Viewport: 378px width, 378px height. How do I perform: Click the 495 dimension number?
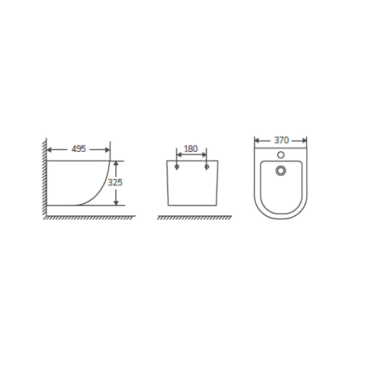[x=79, y=149]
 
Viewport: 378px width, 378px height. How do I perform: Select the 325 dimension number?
[x=115, y=183]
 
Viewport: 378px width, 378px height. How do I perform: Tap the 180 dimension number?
[x=191, y=149]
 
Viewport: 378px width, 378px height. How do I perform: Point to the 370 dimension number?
[x=282, y=140]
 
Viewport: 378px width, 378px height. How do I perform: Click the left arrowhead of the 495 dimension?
[x=49, y=150]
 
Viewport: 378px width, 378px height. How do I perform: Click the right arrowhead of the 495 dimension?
[x=108, y=150]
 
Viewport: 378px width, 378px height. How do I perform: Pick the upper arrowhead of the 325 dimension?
[x=116, y=163]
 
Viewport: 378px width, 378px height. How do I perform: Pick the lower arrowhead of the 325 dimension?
[x=116, y=202]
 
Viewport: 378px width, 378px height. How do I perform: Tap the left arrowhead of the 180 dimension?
[x=180, y=155]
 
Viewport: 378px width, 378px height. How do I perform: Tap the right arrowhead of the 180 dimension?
[x=204, y=155]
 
